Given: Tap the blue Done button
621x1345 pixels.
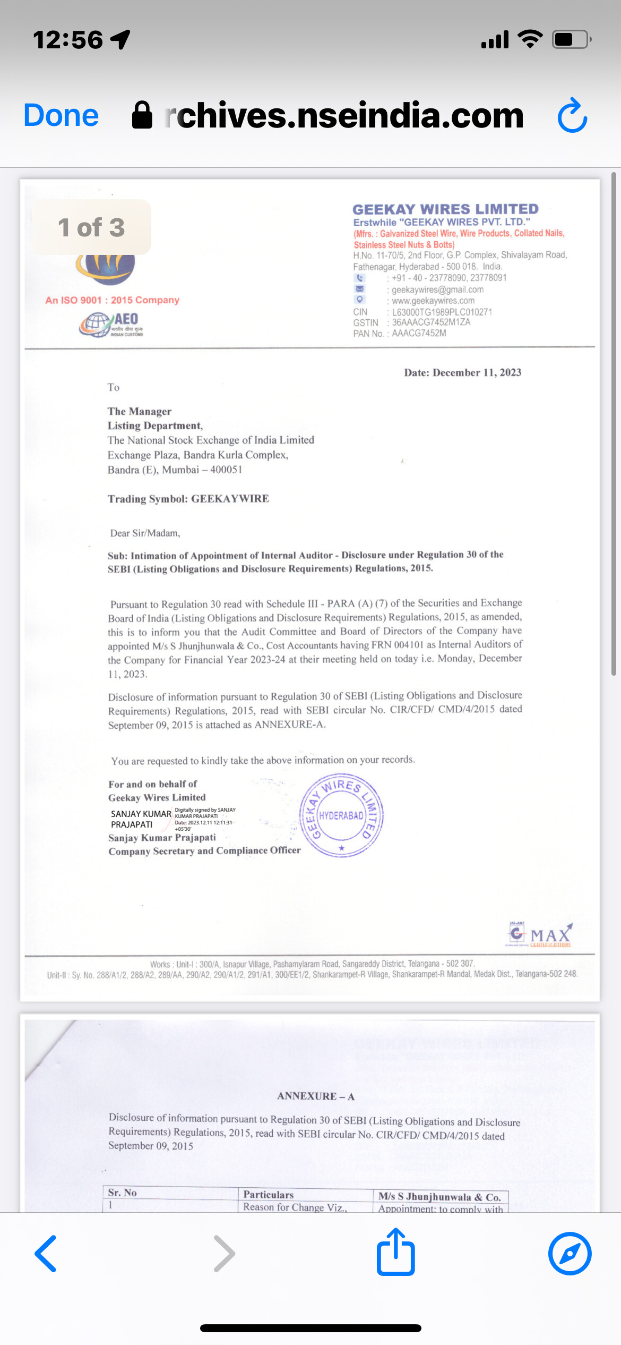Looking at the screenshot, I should tap(61, 115).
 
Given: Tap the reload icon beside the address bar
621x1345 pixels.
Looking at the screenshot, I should tap(572, 115).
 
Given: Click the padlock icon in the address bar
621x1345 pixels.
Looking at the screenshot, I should tap(142, 115).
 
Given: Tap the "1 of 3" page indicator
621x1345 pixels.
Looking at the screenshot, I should tap(91, 227).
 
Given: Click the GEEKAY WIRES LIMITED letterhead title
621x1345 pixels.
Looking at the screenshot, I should tap(445, 209).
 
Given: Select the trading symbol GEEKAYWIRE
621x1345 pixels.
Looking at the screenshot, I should tap(230, 499).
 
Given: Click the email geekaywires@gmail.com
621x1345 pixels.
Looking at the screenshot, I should tap(437, 290).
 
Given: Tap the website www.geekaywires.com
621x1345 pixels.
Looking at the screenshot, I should tap(433, 301).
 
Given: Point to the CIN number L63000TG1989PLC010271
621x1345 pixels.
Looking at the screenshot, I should tap(442, 312).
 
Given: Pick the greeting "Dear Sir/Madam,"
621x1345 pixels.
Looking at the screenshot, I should tap(145, 533).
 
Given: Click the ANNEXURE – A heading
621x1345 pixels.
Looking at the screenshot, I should tap(316, 1096).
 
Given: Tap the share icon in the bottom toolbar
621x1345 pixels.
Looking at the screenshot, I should tap(395, 1252).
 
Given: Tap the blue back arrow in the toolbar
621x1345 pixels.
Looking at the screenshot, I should tap(46, 1253).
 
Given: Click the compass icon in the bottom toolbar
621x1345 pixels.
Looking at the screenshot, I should tap(570, 1253).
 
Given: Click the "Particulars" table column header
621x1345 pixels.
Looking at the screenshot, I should tap(268, 1195).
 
